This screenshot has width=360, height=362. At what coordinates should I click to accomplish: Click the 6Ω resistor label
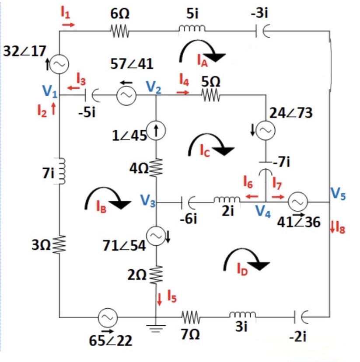click(x=119, y=14)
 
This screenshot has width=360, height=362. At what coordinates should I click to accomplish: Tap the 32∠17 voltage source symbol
click(x=59, y=64)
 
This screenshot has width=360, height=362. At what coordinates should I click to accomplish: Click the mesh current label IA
click(x=202, y=63)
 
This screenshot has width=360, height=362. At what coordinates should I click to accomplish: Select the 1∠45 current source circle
click(x=156, y=130)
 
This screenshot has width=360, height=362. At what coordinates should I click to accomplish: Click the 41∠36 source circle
click(x=298, y=202)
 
